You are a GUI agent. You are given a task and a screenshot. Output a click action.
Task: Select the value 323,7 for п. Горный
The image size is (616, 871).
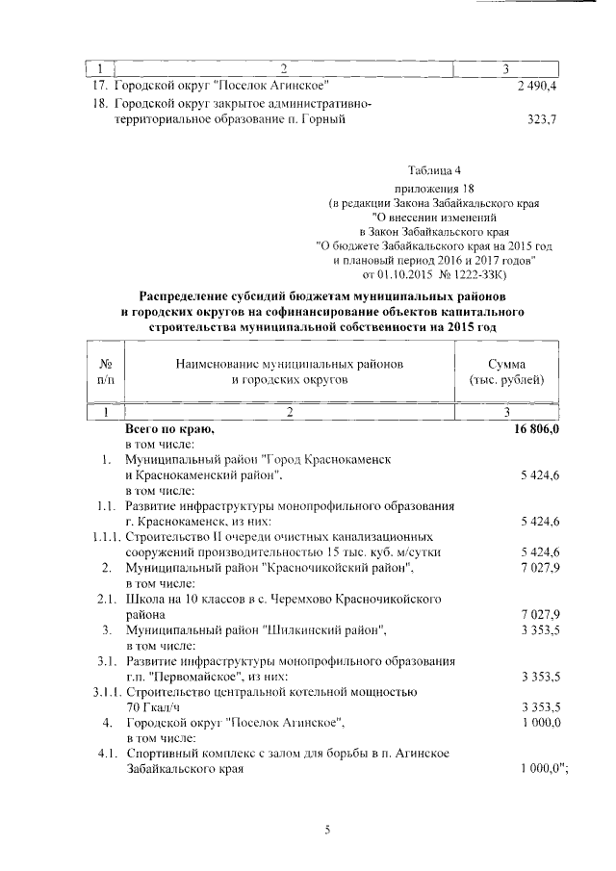pyautogui.click(x=542, y=119)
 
